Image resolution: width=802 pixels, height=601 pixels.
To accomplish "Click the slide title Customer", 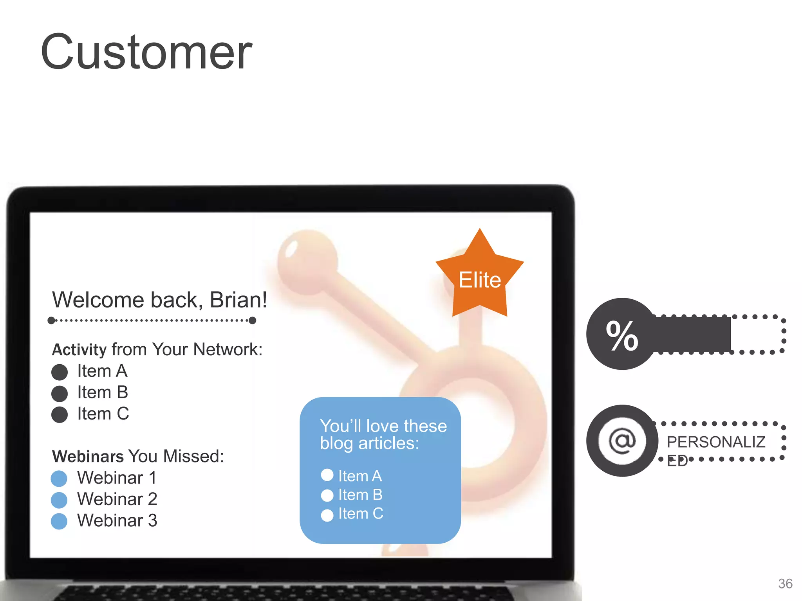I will [x=146, y=52].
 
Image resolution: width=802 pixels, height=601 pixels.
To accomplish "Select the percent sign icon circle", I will [x=622, y=334].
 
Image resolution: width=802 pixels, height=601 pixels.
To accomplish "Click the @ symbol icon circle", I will [x=622, y=441].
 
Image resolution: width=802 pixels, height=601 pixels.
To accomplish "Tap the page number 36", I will [x=785, y=584].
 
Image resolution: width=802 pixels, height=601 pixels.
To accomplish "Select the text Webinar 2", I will [x=117, y=499].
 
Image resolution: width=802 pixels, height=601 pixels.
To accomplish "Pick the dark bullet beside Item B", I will [x=60, y=394].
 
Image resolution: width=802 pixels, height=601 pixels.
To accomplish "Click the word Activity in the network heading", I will [x=79, y=350].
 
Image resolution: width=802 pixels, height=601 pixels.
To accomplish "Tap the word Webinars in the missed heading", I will [x=88, y=457].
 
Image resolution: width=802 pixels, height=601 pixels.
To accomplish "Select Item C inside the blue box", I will [x=361, y=514].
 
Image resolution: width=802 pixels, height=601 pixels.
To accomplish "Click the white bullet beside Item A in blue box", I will [x=327, y=475].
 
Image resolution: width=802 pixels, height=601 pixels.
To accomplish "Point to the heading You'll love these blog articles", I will [x=383, y=434].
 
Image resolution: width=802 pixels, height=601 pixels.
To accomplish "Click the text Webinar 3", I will [x=117, y=521].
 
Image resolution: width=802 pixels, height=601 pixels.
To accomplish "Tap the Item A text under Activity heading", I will [x=102, y=371].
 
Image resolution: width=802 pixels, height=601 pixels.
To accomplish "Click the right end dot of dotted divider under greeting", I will [x=253, y=320].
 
